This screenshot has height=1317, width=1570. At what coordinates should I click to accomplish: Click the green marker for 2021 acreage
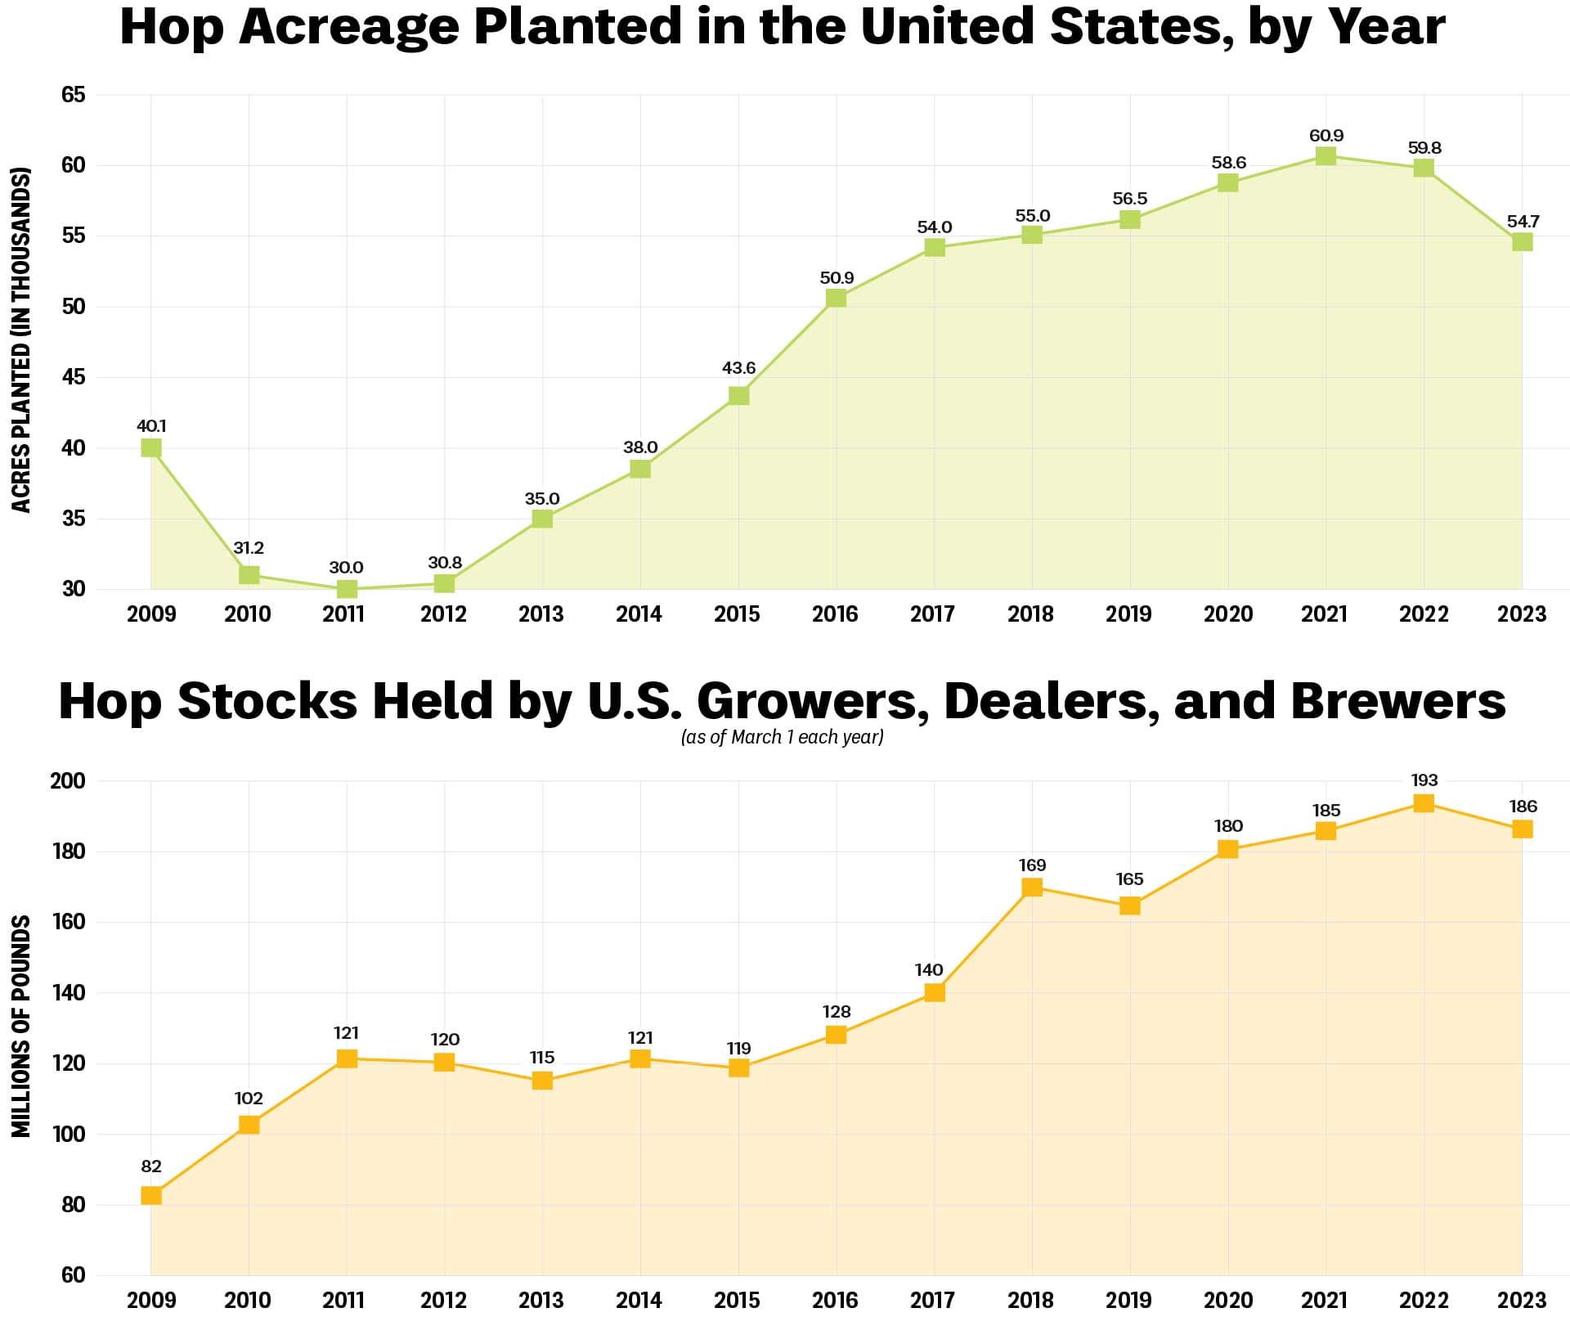coord(1326,155)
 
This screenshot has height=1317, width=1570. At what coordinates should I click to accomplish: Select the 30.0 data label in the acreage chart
coord(346,567)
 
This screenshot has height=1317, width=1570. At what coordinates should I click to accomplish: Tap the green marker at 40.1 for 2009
coord(150,447)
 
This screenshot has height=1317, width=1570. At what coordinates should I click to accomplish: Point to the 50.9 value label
coord(837,277)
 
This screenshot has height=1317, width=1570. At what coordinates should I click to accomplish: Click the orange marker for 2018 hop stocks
coord(1032,887)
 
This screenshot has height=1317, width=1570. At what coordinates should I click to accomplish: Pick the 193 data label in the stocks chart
coord(1424,780)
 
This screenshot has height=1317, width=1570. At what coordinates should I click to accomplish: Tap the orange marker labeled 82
coord(150,1195)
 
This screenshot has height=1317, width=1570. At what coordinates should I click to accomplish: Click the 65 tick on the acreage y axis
coord(73,95)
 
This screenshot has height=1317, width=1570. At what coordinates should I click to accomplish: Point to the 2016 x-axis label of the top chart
coord(835,614)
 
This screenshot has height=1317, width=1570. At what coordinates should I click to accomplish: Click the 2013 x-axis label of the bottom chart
coord(541,1299)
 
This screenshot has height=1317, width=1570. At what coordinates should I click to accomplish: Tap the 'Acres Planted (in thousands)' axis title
coord(21,340)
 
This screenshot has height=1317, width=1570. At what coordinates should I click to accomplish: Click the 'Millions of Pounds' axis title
coord(21,1026)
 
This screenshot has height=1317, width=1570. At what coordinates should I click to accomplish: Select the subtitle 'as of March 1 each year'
coord(783,737)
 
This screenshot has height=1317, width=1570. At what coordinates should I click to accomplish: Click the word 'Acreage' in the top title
coord(350,27)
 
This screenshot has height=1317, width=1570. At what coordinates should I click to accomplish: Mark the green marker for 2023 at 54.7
coord(1522,241)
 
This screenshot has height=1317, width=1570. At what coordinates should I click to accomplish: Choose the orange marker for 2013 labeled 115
coord(541,1081)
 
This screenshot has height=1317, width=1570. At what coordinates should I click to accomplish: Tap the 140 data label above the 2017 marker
coord(929,969)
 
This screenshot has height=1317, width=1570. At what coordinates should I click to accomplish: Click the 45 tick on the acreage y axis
coord(73,377)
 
